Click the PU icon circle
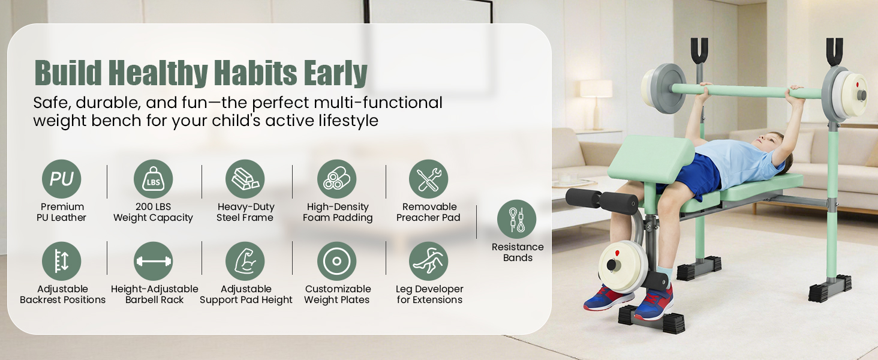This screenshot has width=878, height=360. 62,179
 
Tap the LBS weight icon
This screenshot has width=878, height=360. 154,179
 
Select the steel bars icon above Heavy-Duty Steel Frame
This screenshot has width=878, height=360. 245,179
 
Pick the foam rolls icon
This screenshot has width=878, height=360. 336,179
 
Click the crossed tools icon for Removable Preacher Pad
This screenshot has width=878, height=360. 428,179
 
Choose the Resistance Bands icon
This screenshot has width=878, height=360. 516,219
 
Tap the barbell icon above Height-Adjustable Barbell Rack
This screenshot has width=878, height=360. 154,261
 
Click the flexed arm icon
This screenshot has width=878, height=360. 245,261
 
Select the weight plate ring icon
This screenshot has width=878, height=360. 336,261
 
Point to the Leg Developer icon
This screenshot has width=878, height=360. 428,261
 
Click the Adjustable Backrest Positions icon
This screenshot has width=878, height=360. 62,261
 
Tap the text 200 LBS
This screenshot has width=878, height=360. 154,206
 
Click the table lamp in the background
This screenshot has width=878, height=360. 596,103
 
